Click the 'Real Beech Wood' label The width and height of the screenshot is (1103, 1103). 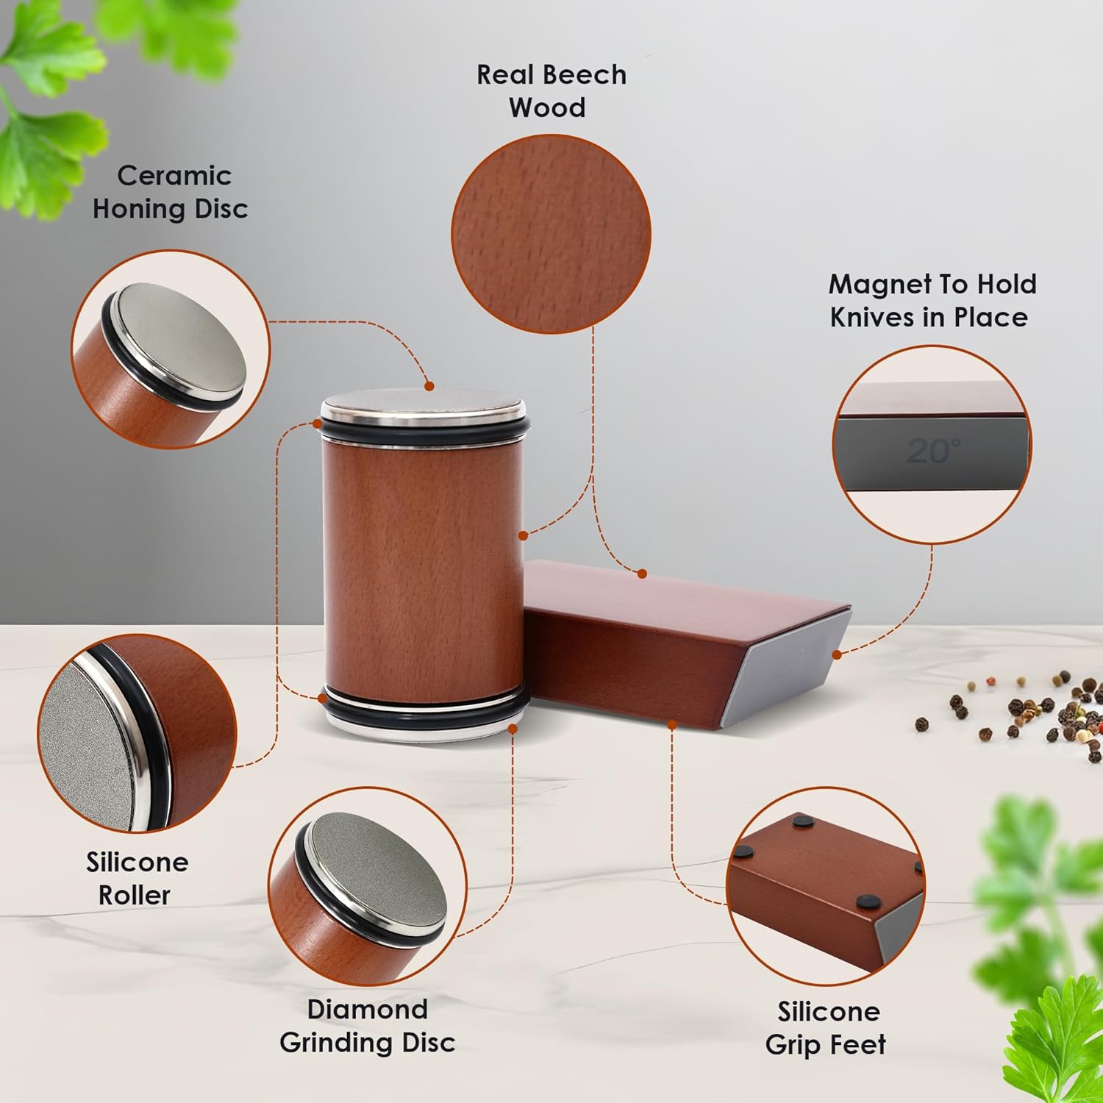[551, 91]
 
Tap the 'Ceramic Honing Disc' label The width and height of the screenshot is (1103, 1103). [171, 192]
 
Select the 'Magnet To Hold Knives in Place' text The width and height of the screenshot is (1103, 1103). [932, 301]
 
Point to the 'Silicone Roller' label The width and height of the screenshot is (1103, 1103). [137, 878]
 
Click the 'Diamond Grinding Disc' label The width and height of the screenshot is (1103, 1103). [368, 1025]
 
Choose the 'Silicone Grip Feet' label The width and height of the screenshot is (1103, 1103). [827, 1028]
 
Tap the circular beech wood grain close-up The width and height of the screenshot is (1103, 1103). [551, 234]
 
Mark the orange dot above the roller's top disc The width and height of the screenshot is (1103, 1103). [429, 386]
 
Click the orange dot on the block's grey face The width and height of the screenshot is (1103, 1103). [836, 654]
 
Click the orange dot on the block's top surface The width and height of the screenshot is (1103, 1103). [642, 574]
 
